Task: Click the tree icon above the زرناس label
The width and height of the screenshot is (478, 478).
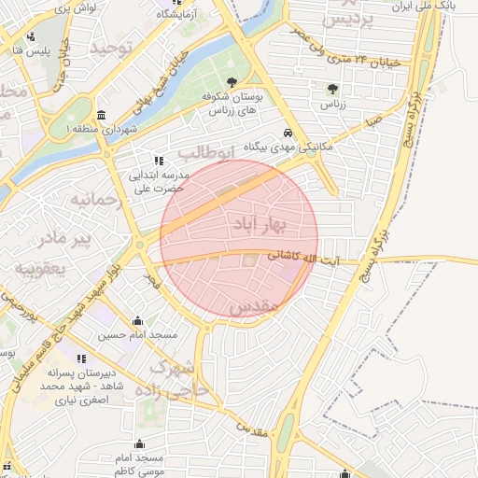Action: pos(333,90)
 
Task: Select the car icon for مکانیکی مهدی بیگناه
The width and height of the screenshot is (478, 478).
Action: pos(289,133)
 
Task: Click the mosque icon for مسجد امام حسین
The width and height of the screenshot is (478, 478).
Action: pos(138,320)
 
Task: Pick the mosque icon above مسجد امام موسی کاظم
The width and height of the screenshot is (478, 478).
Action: pos(140,444)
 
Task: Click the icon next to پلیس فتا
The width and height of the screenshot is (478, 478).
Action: pos(32,37)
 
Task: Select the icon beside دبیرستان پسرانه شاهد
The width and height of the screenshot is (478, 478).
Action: pos(82,358)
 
